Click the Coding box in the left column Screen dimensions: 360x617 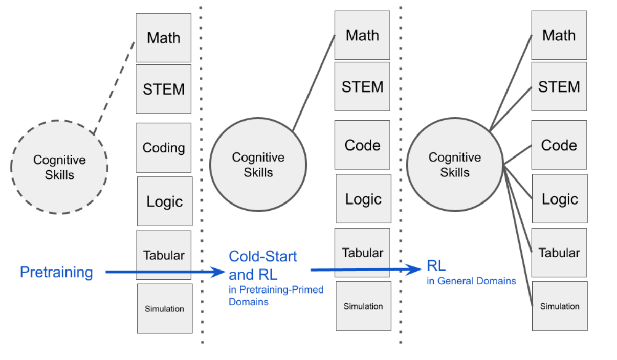coord(163,147)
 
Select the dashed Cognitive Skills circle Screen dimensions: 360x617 coord(59,167)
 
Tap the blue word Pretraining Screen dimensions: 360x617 coord(56,272)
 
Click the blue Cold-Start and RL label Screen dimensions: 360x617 coord(262,265)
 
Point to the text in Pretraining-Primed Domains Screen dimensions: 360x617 coord(276,296)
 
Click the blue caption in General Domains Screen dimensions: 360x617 coord(471,281)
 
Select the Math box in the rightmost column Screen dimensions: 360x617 coord(559,35)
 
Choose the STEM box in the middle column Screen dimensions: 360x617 coord(362,86)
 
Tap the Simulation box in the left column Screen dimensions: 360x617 coord(164,308)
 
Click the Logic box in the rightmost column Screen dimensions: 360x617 coord(560,199)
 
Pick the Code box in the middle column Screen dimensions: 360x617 coord(362,145)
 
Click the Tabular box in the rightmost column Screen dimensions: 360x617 coord(559,253)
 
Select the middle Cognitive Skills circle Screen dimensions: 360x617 coord(258,165)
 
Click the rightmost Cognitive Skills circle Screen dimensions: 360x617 coord(454,165)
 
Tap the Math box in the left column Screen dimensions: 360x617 coord(163,38)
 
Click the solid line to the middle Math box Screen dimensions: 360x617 coord(314,82)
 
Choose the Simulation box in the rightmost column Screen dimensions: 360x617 coord(560,306)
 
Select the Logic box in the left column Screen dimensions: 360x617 coord(164,201)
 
